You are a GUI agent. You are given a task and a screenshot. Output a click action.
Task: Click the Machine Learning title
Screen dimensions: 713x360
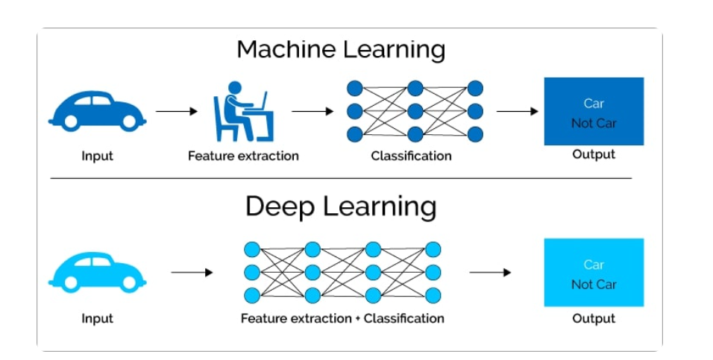[x=341, y=49]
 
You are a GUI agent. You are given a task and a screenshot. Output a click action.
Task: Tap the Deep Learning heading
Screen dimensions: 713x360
[x=341, y=206]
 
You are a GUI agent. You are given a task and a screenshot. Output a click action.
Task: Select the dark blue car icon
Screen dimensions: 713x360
[x=97, y=111]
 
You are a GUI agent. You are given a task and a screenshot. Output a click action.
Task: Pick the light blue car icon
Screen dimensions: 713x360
[x=97, y=272]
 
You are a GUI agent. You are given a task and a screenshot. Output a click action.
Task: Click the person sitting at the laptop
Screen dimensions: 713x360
[x=244, y=111]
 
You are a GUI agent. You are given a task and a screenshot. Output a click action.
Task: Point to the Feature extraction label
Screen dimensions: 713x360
[x=243, y=156]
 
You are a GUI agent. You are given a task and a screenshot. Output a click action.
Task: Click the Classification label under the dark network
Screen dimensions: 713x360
[x=411, y=156]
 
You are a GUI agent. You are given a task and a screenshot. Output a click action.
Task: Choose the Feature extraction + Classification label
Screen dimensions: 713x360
[x=342, y=318]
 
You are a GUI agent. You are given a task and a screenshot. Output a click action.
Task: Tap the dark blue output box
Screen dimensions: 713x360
[x=594, y=111]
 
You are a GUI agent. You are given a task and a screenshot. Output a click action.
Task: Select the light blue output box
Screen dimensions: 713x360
[x=594, y=272]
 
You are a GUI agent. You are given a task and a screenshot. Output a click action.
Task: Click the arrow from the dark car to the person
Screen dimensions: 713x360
[x=177, y=111]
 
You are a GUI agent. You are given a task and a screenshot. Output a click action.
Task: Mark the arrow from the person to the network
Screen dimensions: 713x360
[x=312, y=111]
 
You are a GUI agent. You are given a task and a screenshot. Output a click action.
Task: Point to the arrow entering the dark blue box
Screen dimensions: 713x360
[x=517, y=111]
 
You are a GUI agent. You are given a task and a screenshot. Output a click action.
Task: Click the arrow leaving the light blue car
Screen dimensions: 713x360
[x=192, y=272]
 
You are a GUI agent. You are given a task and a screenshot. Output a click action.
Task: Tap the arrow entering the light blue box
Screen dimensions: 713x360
[x=490, y=272]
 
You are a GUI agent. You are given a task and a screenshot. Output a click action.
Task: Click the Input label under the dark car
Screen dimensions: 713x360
[x=97, y=156]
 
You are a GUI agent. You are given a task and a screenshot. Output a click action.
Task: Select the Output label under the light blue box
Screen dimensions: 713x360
[x=594, y=318]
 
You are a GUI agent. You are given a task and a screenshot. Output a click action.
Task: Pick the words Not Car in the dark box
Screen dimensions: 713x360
[x=594, y=123]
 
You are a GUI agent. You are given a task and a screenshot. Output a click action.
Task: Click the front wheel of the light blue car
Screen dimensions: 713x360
[x=129, y=282]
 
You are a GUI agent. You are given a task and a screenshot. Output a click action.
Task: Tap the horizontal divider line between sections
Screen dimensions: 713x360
[x=341, y=178]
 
